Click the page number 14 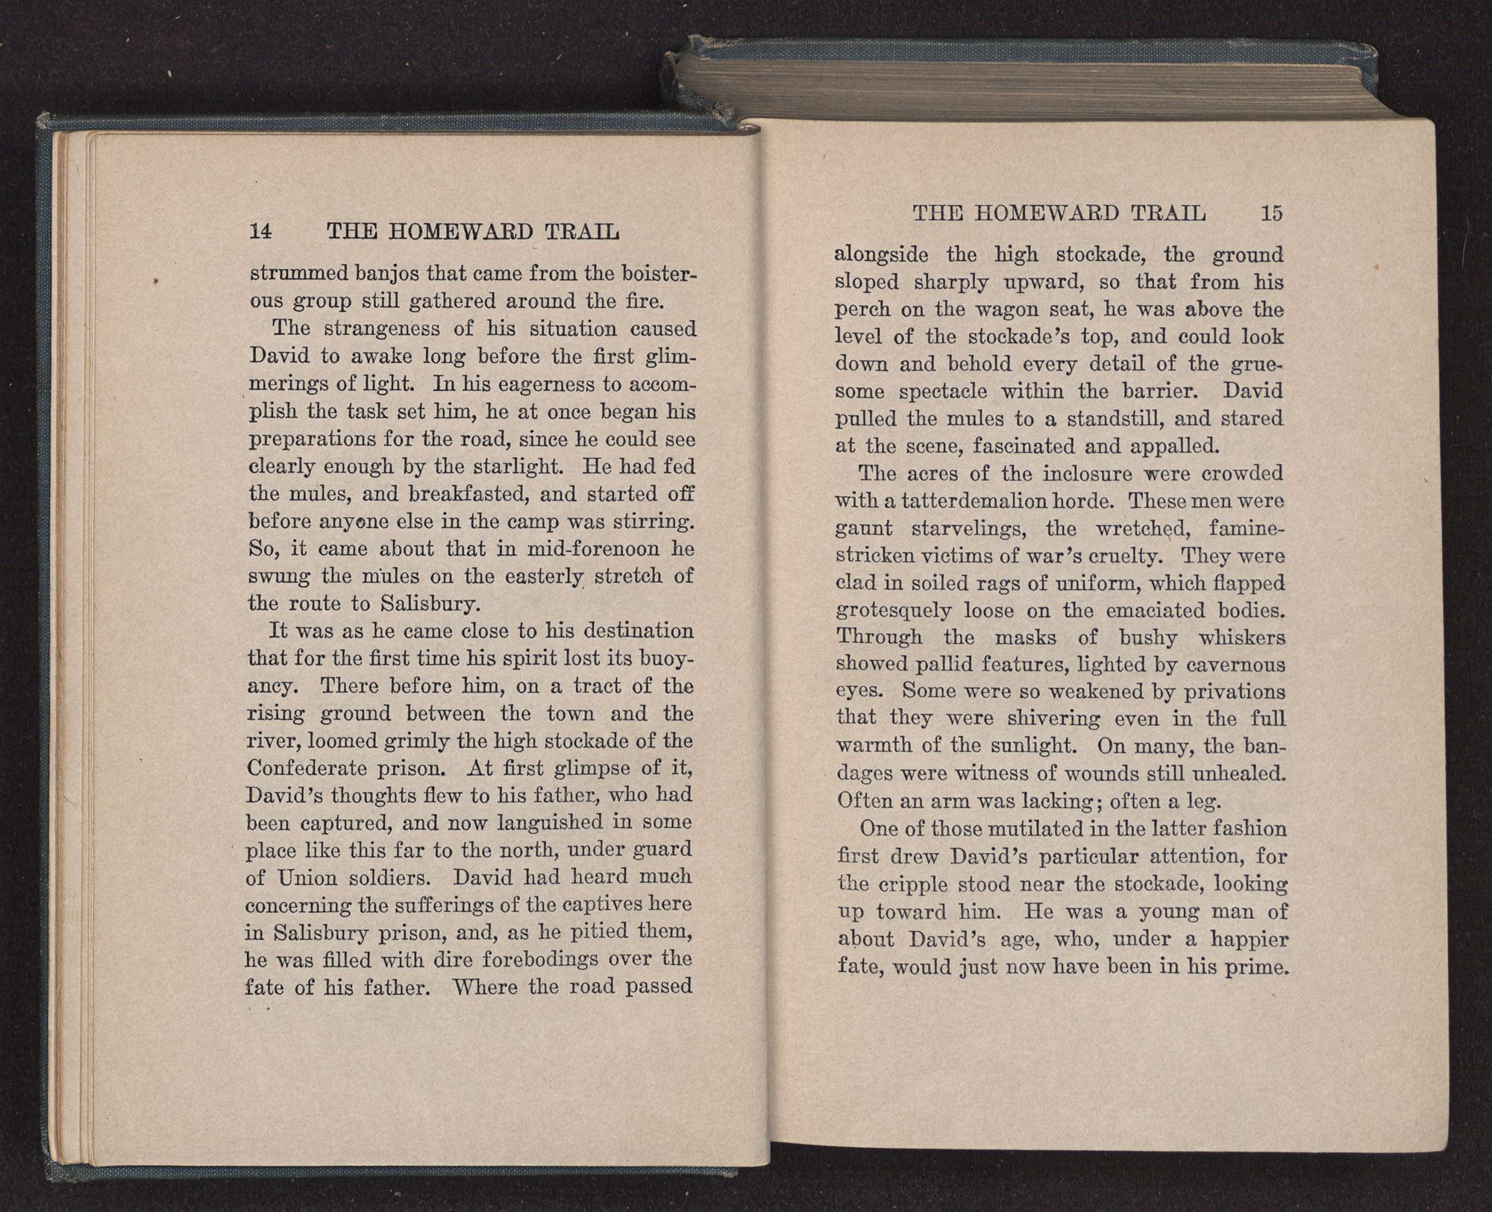tap(260, 231)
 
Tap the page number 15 tap(1271, 213)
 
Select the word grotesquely tap(892, 611)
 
